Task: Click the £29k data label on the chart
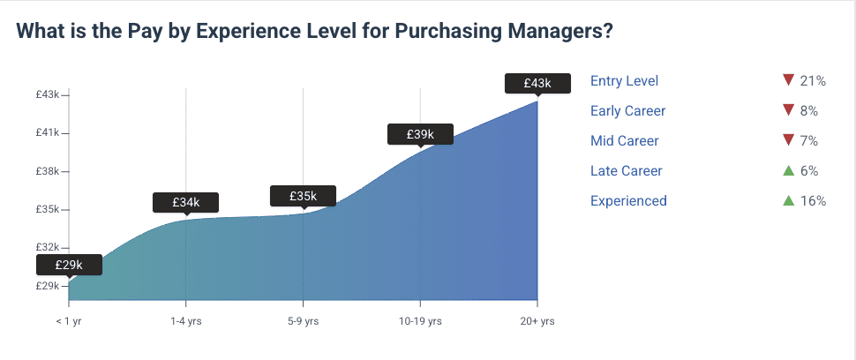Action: [x=70, y=265]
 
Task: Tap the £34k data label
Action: [x=185, y=202]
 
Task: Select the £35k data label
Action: [x=303, y=196]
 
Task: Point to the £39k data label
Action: [x=420, y=134]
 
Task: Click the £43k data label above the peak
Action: [x=537, y=83]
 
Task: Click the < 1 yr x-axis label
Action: [x=69, y=321]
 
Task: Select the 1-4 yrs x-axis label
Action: [x=185, y=321]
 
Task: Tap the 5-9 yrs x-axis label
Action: [x=303, y=321]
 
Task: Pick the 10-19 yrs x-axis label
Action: [x=420, y=321]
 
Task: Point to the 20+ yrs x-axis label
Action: [x=537, y=321]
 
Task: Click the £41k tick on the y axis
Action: [x=47, y=133]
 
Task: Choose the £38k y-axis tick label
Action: [x=47, y=171]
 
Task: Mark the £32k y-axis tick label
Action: [x=47, y=248]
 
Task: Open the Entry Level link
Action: [x=624, y=81]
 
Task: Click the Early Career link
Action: [x=627, y=111]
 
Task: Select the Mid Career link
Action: [x=624, y=141]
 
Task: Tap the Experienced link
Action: [x=628, y=201]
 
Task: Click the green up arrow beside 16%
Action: [x=789, y=200]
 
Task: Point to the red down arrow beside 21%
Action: [x=789, y=81]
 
